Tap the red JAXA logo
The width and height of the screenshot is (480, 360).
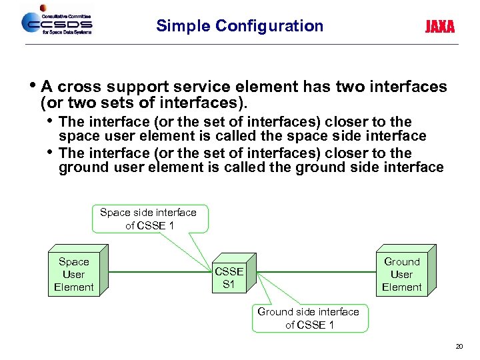[440, 27]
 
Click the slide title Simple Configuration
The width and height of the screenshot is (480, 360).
[239, 26]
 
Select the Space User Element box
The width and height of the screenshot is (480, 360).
[73, 275]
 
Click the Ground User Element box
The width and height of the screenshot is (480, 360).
[401, 275]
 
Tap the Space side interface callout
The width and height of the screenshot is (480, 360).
[148, 219]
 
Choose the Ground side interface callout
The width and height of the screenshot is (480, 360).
[308, 318]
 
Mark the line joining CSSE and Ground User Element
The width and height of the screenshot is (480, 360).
[313, 272]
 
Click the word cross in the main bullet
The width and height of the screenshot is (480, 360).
[77, 87]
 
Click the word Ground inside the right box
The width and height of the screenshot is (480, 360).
[401, 262]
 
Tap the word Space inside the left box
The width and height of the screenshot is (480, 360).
[73, 262]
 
